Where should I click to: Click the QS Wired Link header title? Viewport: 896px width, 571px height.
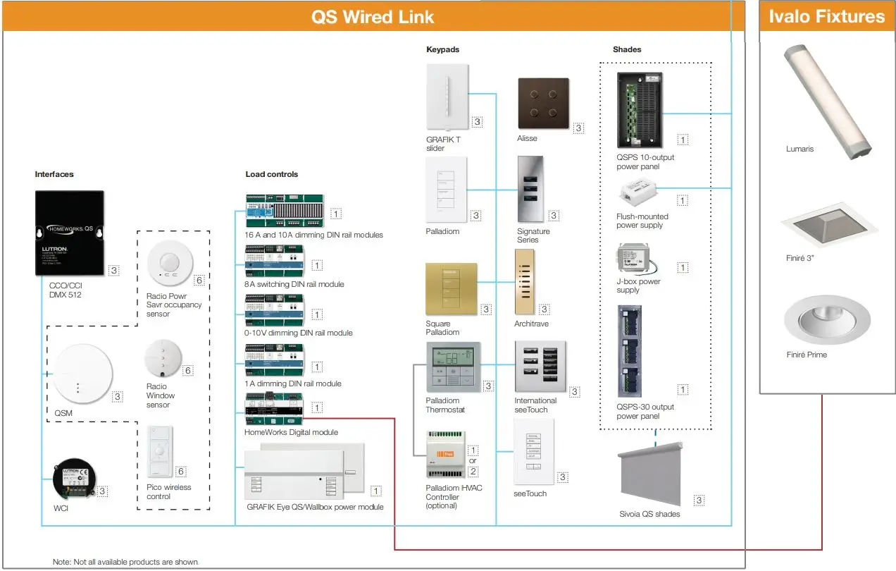[x=373, y=17]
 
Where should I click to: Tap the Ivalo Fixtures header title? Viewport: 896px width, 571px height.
[x=826, y=16]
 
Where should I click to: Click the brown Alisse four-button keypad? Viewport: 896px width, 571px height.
[x=543, y=102]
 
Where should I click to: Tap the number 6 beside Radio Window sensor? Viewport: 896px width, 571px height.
[x=187, y=370]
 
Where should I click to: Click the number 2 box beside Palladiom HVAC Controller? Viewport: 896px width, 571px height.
[x=473, y=472]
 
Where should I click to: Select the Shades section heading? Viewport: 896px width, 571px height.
[x=627, y=49]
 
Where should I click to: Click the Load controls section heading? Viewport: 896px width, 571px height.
[x=271, y=174]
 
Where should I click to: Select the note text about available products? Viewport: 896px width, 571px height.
[x=125, y=562]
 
